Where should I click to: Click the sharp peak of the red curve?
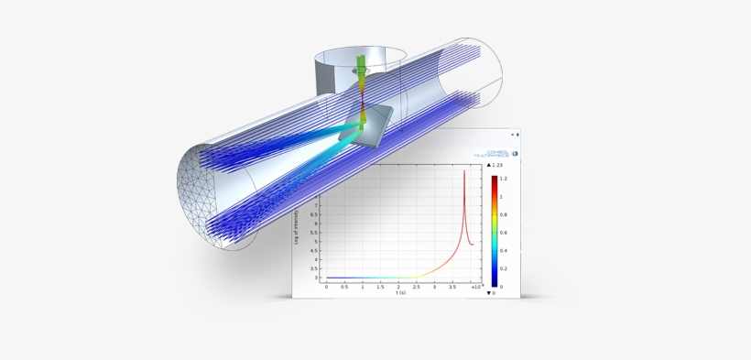(464, 172)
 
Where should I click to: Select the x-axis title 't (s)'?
(401, 293)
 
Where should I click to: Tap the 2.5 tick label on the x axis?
(416, 286)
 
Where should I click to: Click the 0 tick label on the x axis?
(327, 286)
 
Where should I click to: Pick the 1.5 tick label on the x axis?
(380, 286)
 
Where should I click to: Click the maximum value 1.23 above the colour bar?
(498, 165)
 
